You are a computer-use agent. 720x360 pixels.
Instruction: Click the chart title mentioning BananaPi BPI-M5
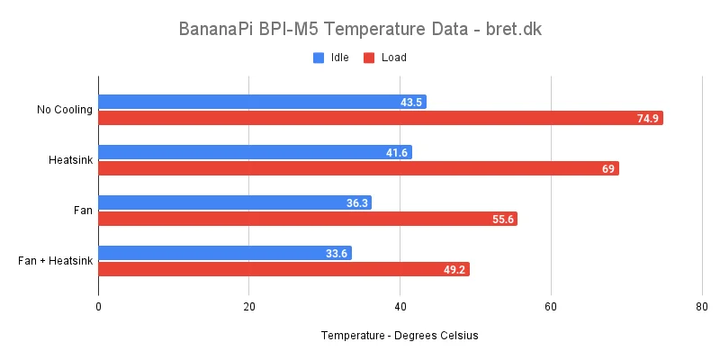coord(360,29)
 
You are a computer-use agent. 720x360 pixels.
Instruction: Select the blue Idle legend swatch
coord(319,58)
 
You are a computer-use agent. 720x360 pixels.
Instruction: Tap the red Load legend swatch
coord(369,58)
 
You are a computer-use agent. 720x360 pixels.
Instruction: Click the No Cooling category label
coord(65,110)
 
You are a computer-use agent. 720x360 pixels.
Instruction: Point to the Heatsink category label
coord(71,160)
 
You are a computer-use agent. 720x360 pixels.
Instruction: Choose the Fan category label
coord(84,211)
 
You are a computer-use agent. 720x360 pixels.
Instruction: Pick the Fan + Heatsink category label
coord(56,261)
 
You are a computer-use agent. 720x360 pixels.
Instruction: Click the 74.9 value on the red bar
coord(647,118)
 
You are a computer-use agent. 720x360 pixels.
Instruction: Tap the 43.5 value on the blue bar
coord(412,103)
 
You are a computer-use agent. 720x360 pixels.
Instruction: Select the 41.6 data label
coord(397,153)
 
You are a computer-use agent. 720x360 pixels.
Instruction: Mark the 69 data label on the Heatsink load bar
coord(607,168)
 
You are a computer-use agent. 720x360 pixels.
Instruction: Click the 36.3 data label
coord(357,203)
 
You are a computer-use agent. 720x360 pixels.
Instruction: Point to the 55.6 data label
coord(502,219)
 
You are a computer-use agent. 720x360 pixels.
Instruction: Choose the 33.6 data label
coord(337,254)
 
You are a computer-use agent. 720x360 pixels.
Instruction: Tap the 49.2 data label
coord(454,269)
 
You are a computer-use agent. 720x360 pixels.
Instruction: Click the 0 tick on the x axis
coord(98,307)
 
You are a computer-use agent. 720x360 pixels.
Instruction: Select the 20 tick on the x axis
coord(249,307)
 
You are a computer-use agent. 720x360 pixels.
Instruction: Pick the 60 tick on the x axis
coord(551,307)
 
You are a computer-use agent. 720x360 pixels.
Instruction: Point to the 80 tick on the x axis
coord(702,307)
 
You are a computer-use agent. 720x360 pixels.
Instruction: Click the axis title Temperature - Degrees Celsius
coord(399,336)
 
